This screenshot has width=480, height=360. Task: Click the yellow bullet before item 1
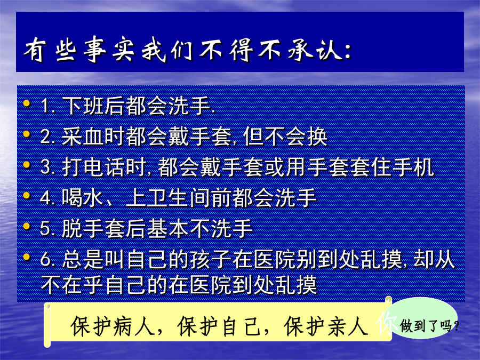click(x=27, y=103)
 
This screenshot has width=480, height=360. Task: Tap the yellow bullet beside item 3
click(x=27, y=165)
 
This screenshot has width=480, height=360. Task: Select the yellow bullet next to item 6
click(x=27, y=257)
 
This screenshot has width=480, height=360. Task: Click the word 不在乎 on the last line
click(x=72, y=285)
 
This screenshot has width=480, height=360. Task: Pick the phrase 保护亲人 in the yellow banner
click(x=326, y=326)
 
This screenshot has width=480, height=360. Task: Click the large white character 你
click(x=386, y=324)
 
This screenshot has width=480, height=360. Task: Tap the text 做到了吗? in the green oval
click(x=429, y=326)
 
